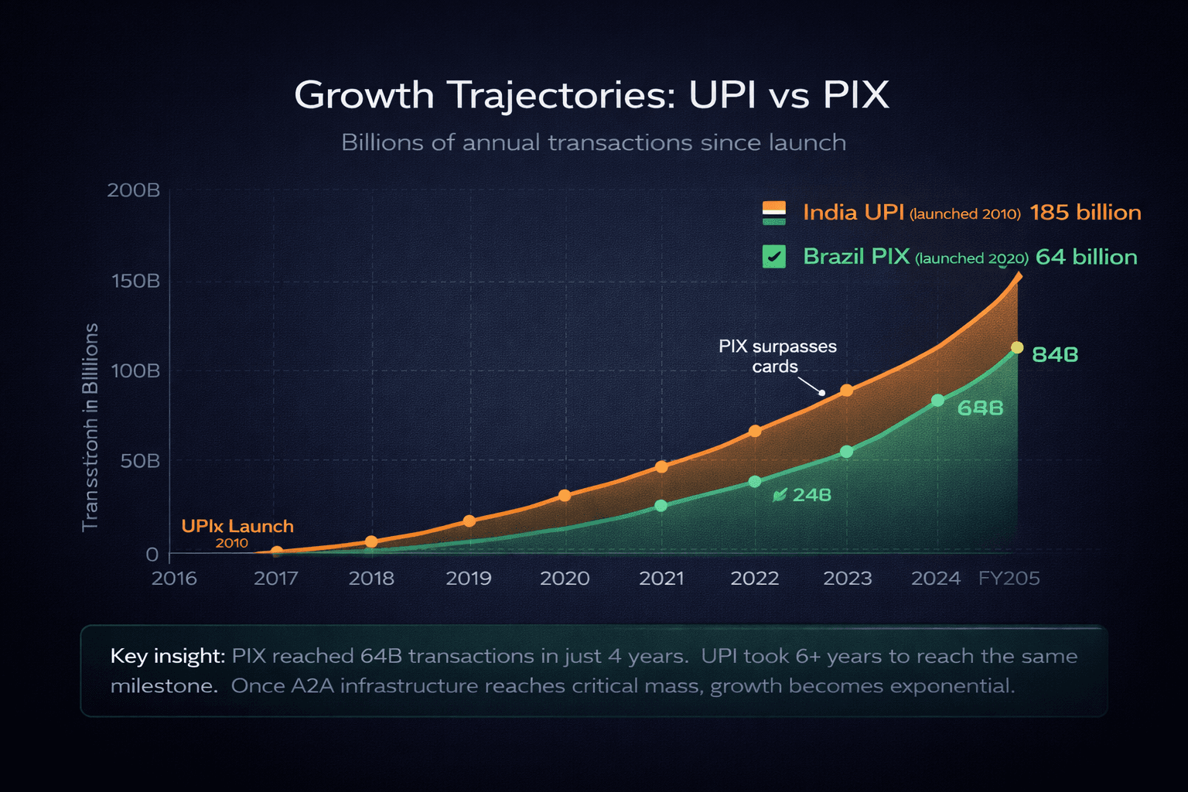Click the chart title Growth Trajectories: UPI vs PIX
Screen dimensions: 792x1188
click(592, 95)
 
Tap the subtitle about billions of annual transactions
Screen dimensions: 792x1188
click(593, 143)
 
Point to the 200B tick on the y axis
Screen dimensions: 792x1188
click(134, 190)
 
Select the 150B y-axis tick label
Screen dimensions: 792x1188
click(136, 281)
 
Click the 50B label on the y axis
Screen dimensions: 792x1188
click(141, 462)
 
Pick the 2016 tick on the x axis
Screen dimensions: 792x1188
click(174, 579)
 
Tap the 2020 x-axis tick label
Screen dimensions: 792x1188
click(565, 579)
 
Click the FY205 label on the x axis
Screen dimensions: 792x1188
click(1009, 579)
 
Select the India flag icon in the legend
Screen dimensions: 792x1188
click(773, 213)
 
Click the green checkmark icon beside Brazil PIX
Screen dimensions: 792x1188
click(773, 257)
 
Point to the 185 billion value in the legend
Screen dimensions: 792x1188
click(1085, 213)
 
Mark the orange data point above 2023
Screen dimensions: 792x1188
click(847, 391)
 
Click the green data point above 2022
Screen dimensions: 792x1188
click(755, 482)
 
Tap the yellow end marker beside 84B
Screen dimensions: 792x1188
click(1017, 348)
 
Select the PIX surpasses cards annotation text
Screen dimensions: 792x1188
click(777, 356)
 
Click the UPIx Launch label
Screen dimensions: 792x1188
click(237, 527)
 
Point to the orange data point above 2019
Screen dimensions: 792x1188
click(469, 521)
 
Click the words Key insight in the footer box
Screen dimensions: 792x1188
click(167, 657)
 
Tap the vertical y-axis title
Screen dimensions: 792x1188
click(90, 427)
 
